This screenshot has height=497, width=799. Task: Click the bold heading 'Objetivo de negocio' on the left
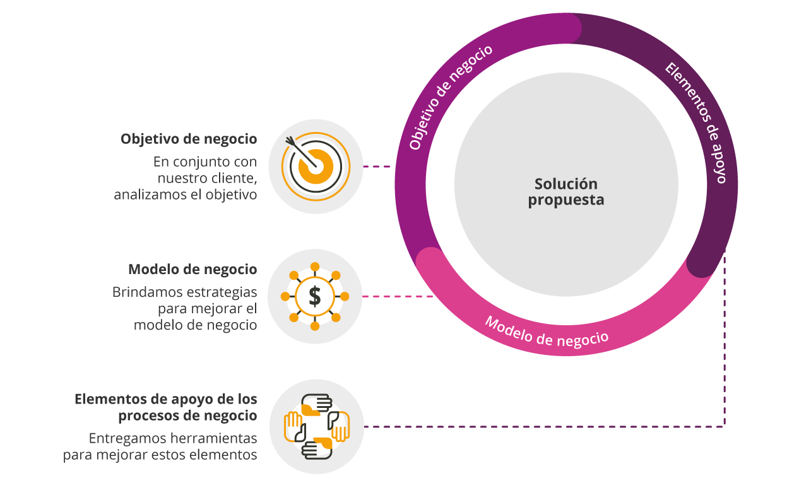[189, 139]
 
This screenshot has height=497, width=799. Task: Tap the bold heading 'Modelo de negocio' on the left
[192, 270]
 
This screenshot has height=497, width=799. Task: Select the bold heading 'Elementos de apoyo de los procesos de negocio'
[166, 407]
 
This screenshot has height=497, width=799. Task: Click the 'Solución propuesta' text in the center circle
[566, 192]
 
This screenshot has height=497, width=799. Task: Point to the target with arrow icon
[315, 166]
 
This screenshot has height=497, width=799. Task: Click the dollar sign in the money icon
[315, 296]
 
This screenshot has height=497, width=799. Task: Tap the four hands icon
[316, 426]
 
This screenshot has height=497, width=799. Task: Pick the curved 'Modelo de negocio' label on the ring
[547, 331]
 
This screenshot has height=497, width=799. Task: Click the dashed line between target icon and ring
[377, 167]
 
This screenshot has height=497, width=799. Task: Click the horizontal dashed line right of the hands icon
[543, 427]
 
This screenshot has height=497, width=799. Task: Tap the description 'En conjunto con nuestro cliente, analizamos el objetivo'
[189, 178]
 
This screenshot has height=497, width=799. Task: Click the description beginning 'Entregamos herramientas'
[161, 446]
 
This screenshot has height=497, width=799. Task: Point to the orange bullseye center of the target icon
[316, 166]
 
